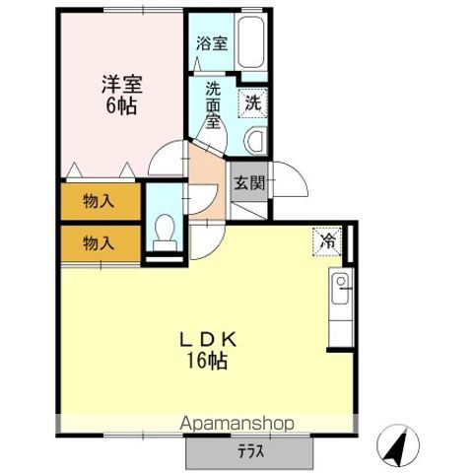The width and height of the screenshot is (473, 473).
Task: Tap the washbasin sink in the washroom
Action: pyautogui.click(x=255, y=140)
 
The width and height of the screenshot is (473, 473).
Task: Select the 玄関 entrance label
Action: pyautogui.click(x=247, y=182)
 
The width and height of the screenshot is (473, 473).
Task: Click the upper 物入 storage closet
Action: pyautogui.click(x=99, y=202)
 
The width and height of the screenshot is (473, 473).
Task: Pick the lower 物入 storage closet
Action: pyautogui.click(x=99, y=242)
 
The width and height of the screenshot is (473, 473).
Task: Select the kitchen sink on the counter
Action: pyautogui.click(x=341, y=289)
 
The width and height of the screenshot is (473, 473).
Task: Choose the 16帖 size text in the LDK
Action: pyautogui.click(x=208, y=362)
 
